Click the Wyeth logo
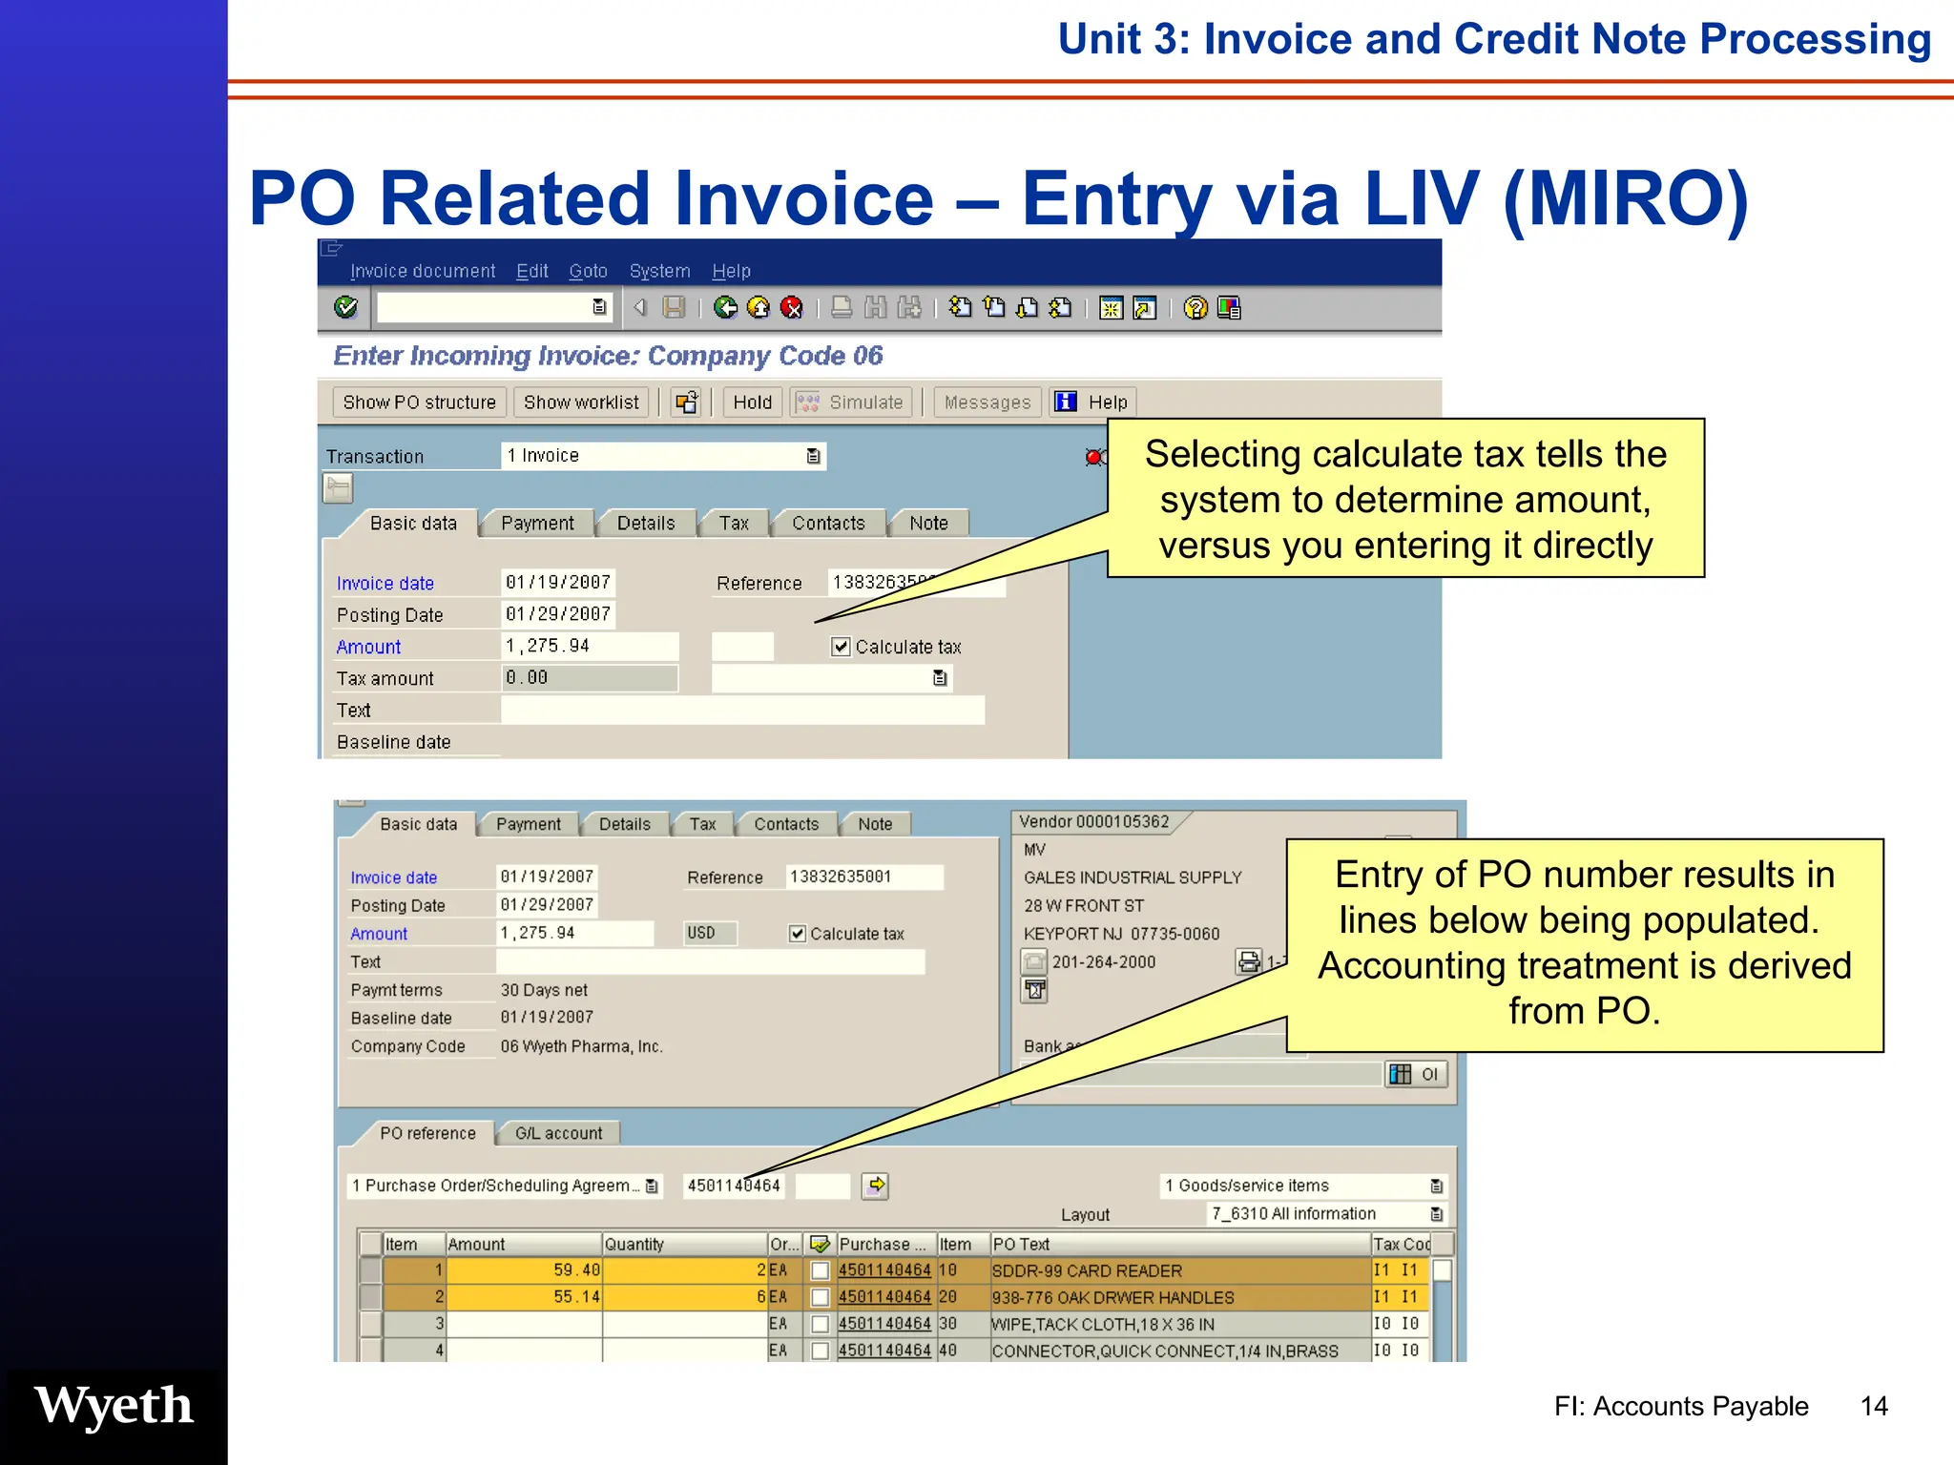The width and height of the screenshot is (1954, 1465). (x=114, y=1406)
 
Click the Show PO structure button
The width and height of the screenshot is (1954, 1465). (x=419, y=402)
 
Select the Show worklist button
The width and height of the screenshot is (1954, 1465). (x=580, y=402)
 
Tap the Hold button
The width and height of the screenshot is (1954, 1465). (x=752, y=402)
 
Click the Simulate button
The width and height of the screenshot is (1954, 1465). (x=851, y=402)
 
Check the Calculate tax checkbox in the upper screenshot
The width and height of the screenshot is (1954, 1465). (x=841, y=647)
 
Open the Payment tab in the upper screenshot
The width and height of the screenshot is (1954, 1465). (x=537, y=524)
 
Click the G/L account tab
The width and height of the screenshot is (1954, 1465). (x=558, y=1133)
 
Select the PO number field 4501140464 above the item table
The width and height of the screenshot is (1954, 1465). (x=734, y=1186)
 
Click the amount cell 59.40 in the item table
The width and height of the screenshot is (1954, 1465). (x=524, y=1270)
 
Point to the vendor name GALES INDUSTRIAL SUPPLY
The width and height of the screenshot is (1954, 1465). (x=1133, y=877)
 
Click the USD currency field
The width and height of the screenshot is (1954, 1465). (x=709, y=933)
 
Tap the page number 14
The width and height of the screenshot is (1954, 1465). (x=1874, y=1406)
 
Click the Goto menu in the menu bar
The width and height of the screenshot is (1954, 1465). (x=588, y=271)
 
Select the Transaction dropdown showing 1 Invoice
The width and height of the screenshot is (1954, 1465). (x=662, y=456)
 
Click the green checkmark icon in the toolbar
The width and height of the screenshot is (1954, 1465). (x=345, y=307)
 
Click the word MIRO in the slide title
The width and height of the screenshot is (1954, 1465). (x=1626, y=198)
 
